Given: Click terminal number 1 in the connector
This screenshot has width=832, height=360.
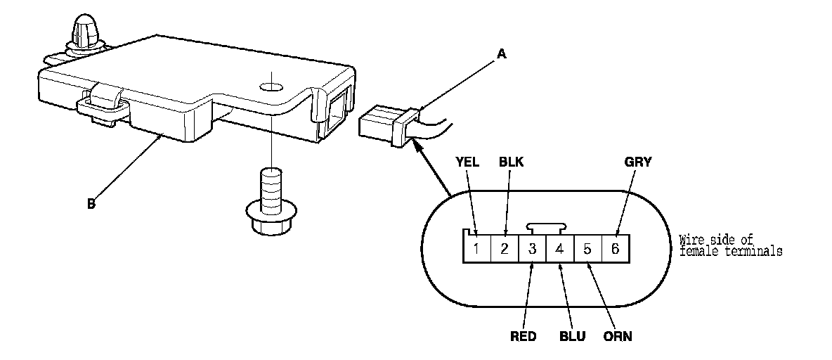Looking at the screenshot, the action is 477,248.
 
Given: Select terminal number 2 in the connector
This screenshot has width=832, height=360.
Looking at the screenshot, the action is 505,248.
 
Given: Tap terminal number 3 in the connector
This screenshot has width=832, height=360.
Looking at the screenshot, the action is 533,248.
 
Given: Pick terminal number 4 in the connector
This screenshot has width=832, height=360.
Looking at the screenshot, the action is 560,248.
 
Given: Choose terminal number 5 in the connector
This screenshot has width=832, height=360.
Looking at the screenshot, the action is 588,248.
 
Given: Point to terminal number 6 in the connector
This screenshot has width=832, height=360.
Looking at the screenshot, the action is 616,248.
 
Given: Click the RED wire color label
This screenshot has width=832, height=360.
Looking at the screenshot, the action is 524,337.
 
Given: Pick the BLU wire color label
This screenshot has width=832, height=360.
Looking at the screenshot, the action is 573,337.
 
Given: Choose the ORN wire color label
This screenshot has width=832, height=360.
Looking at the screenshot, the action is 618,337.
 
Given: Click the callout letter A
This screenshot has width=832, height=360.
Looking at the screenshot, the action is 502,53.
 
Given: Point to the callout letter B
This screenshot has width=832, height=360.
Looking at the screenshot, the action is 91,204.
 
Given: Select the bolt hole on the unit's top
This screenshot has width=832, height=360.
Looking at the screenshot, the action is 271,86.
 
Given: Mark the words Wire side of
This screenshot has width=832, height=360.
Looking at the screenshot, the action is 716,240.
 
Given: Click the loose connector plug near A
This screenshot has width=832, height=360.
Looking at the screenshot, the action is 389,124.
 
